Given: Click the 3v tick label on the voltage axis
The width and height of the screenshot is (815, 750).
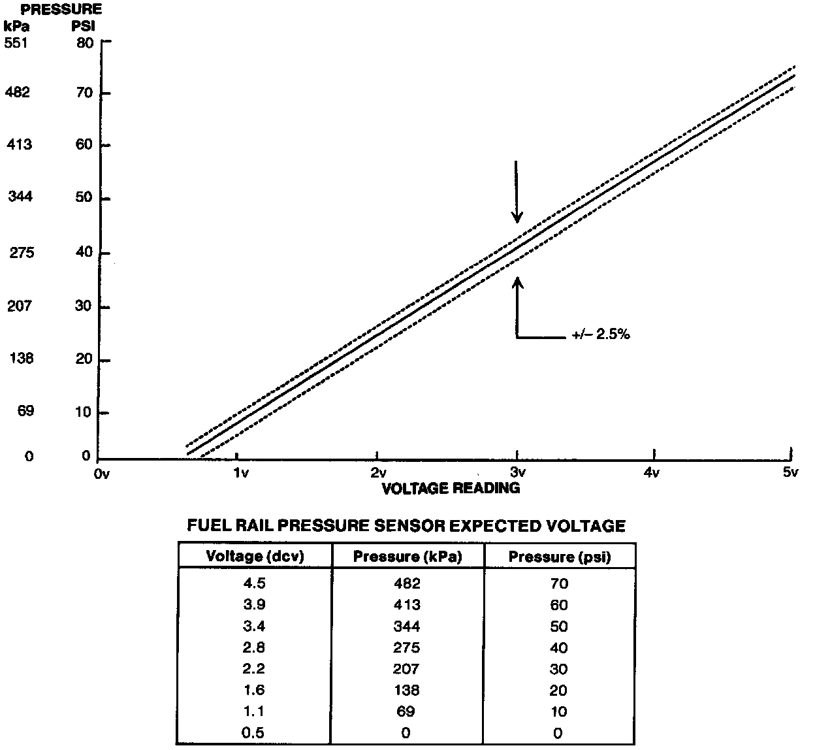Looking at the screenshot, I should tap(517, 472).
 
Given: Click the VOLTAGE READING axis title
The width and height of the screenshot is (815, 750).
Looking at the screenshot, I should tap(451, 487).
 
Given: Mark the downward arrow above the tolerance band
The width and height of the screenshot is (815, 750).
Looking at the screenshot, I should tap(517, 191).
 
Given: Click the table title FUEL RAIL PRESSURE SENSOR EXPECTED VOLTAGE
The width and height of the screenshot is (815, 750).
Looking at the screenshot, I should tap(406, 526).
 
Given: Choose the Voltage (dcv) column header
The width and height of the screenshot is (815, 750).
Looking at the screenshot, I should tap(255, 557).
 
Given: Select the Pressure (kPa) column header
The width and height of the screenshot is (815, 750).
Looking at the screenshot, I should tap(407, 557).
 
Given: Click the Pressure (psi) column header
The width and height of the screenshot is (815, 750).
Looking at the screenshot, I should tap(558, 557).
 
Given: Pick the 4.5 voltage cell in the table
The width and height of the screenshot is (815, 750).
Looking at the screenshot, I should tap(254, 583).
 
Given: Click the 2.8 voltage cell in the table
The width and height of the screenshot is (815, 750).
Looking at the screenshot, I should tap(254, 647).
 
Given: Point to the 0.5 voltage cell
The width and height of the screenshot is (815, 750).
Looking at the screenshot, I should tap(254, 733).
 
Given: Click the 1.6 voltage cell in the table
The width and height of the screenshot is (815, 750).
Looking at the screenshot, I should tap(254, 691).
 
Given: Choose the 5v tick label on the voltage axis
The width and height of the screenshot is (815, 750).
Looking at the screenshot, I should tap(790, 472).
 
